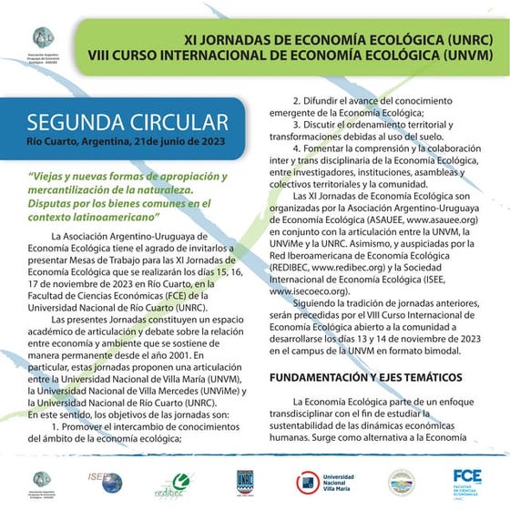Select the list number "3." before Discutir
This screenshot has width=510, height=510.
coord(297,124)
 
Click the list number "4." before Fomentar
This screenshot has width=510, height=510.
coord(297,148)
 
